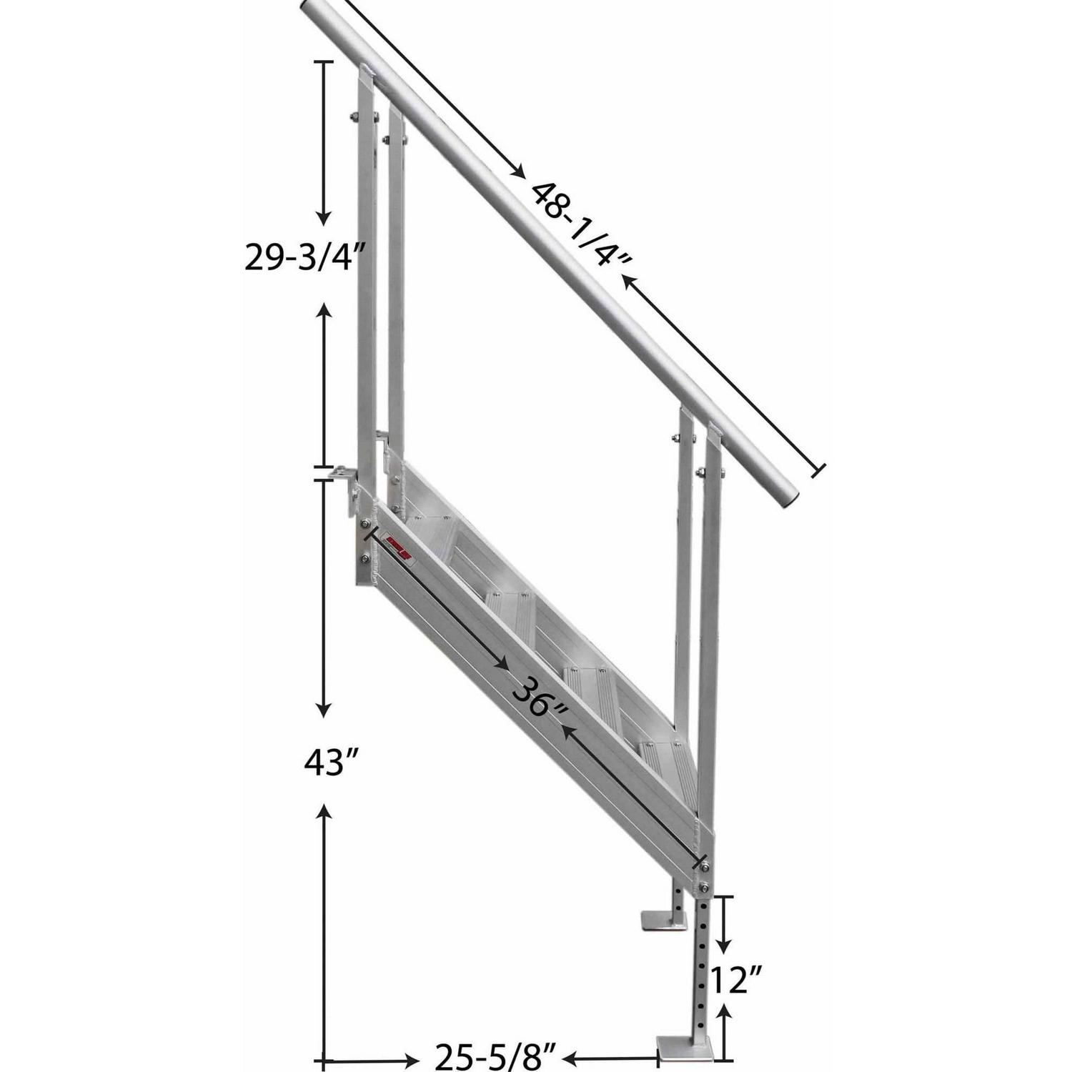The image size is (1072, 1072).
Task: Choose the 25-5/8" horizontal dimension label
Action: point(495,1055)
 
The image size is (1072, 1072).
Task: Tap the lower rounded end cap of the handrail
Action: point(788,494)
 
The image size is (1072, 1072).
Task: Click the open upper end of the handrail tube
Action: point(312,11)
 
